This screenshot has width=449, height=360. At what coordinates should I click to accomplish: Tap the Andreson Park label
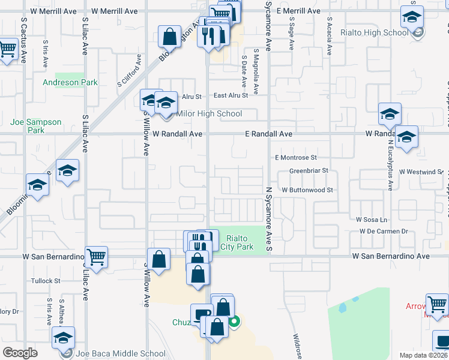point(70,82)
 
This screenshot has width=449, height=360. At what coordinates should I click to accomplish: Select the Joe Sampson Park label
point(36,126)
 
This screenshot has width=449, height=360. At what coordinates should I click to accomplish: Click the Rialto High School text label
point(374,33)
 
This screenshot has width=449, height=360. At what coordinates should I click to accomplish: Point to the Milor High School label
point(209,113)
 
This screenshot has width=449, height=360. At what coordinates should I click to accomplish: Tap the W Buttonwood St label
point(307,190)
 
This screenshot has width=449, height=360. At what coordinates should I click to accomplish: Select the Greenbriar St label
point(309,171)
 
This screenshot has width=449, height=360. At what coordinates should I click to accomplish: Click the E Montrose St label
point(295,158)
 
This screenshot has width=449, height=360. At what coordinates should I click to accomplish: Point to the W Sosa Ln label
point(372,220)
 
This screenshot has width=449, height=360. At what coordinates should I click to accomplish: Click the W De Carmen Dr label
point(384,232)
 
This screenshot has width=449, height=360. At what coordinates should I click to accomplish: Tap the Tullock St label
point(46,281)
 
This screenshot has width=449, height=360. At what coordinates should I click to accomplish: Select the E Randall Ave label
point(268,134)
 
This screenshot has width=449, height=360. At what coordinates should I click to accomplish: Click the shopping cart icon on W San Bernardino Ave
point(97,257)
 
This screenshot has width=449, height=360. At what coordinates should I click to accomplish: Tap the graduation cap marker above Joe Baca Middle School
point(64,337)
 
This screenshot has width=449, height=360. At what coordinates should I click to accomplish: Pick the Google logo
point(20,353)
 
